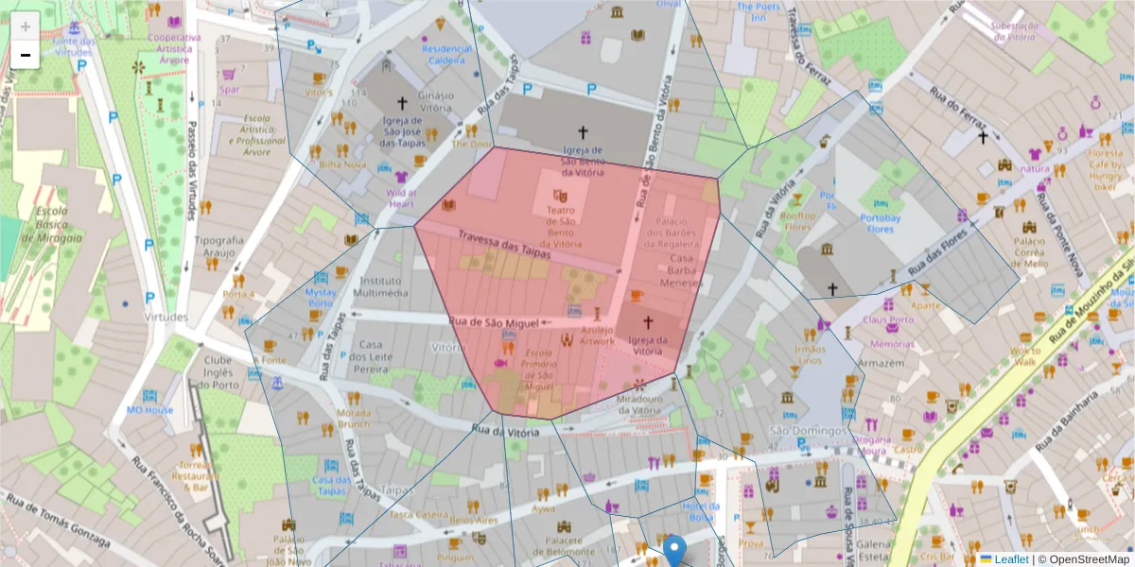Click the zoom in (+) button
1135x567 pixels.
coord(26,26)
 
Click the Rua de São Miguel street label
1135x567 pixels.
coord(494,322)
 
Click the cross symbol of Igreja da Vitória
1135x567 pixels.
coord(648,322)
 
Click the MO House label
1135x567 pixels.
coord(150,410)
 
